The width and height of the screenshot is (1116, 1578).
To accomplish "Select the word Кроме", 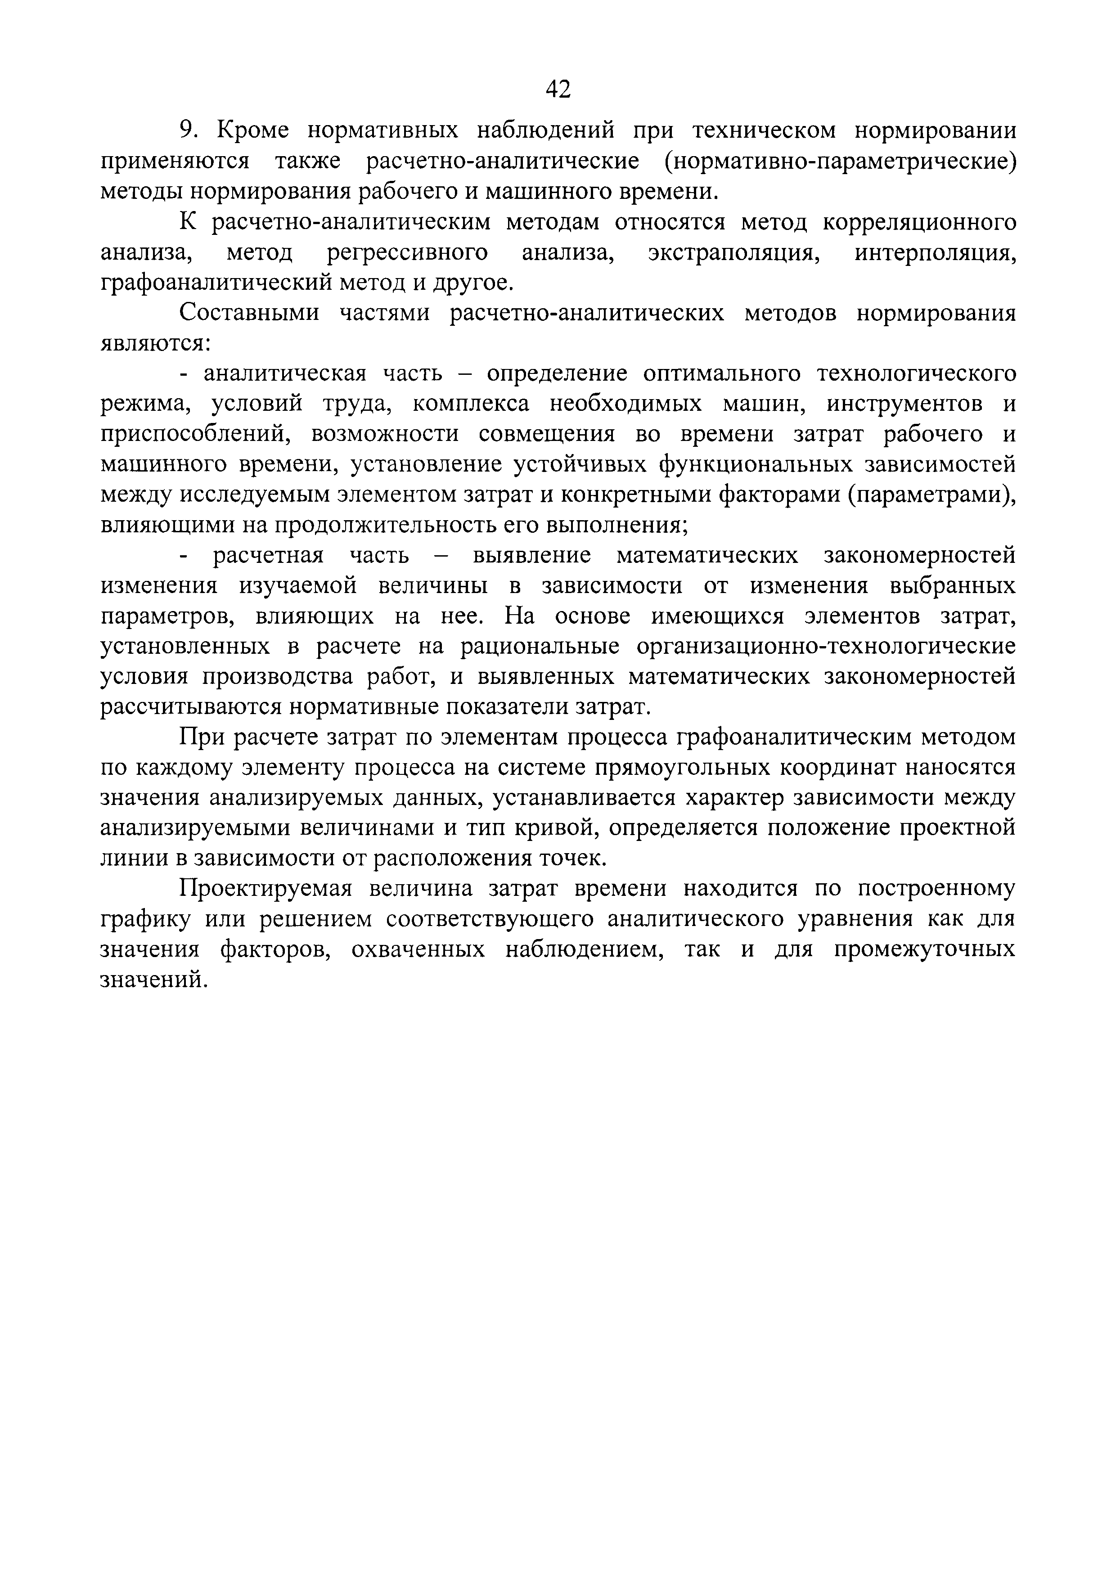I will (253, 130).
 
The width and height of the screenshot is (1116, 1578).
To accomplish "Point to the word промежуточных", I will (924, 949).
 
